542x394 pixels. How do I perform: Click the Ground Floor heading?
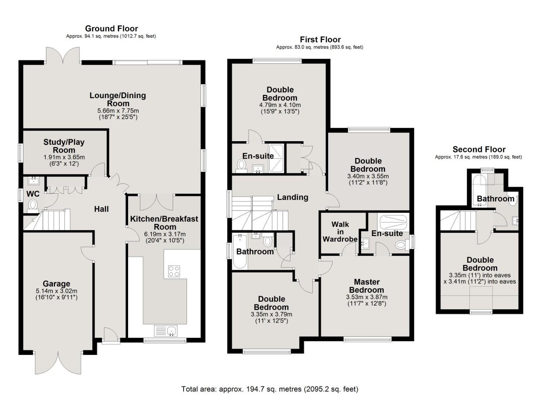point(111,28)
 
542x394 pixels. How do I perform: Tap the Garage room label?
point(56,283)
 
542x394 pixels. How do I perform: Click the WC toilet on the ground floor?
point(33,204)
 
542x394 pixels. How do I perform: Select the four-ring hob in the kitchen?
point(174,271)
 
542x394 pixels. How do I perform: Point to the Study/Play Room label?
point(64,146)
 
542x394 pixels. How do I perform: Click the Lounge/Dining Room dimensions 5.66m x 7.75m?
point(118,111)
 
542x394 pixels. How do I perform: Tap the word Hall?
point(101,209)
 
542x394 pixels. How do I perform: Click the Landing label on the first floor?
point(292,197)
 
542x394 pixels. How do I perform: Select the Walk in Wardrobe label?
point(340,232)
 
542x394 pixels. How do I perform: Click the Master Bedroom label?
point(367,286)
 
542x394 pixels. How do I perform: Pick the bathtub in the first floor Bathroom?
point(240,252)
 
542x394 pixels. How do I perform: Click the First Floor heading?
point(320,39)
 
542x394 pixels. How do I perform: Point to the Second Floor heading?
point(479,149)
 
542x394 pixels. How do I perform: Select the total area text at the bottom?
point(270,389)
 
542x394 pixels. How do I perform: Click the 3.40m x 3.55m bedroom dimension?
point(368,176)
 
